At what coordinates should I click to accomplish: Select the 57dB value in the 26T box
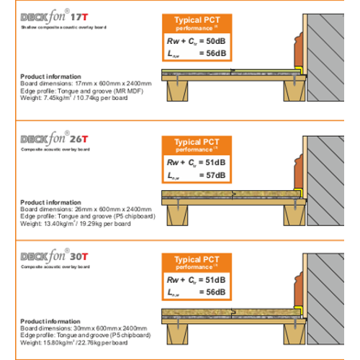[x=213, y=175]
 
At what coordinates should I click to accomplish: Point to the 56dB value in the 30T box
[x=213, y=292]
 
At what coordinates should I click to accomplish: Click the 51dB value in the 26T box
[x=213, y=163]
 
